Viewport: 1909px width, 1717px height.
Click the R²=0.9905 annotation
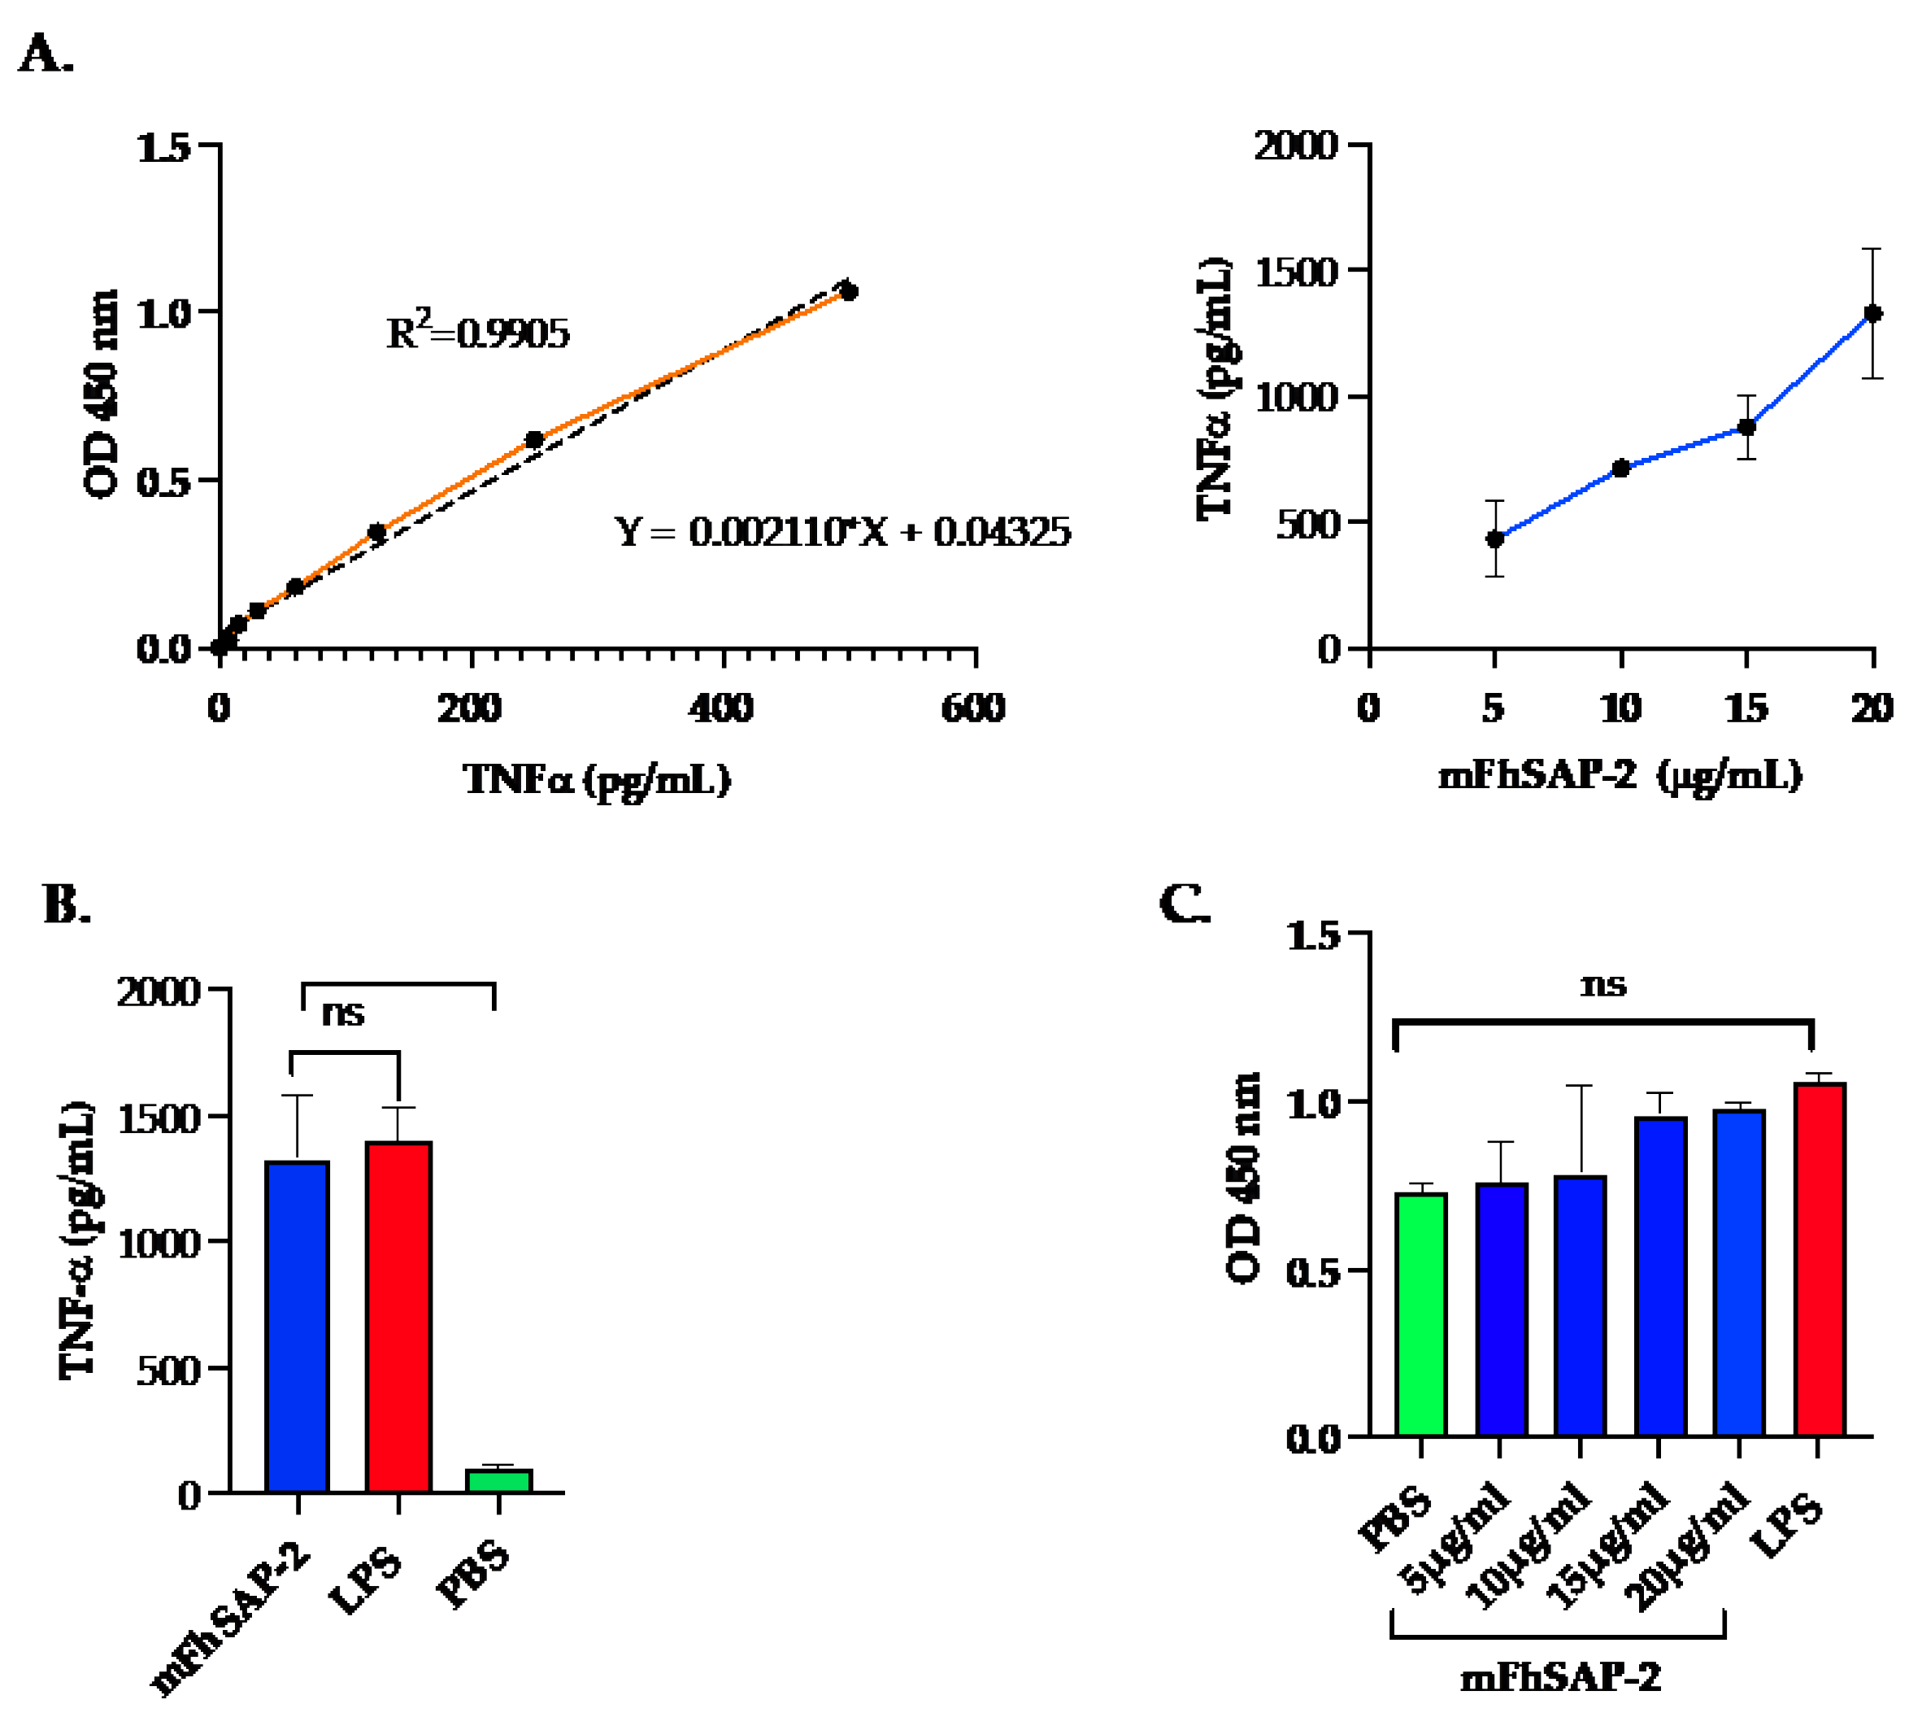point(477,332)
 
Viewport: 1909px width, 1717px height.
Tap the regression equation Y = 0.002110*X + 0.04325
point(842,532)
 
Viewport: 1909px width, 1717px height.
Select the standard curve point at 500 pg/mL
point(849,291)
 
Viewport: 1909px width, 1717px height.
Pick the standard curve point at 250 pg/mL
point(534,440)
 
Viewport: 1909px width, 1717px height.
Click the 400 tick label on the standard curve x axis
point(721,708)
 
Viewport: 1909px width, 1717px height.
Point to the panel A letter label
point(45,54)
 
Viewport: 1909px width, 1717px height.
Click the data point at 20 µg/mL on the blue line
point(1872,313)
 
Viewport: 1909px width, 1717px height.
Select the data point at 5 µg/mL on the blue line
point(1495,538)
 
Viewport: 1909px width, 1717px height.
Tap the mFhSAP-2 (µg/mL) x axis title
point(1620,775)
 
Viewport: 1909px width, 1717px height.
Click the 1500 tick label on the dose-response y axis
point(1297,272)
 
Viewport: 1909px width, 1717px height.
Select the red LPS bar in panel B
point(399,1317)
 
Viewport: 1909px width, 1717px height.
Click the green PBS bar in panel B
point(499,1480)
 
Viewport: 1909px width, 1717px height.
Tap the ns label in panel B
point(342,1013)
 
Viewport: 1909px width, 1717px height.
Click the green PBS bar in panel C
point(1421,1314)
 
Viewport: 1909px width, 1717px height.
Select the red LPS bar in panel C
point(1820,1258)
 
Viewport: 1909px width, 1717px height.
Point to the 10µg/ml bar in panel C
point(1580,1305)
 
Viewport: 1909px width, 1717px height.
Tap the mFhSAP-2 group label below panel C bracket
point(1560,1677)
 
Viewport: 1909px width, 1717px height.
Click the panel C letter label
point(1184,904)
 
